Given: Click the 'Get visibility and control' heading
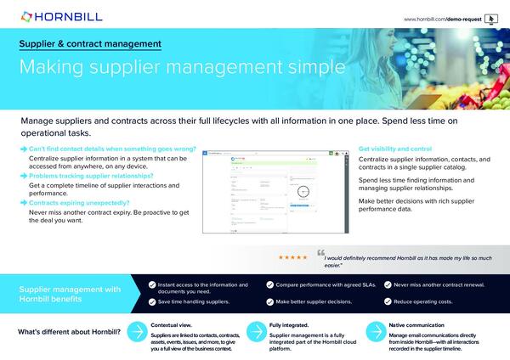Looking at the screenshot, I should (395, 149).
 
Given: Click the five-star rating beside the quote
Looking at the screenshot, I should (293, 256).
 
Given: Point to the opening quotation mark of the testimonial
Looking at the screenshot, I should (320, 252).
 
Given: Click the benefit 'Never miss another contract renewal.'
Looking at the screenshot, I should (441, 285).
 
